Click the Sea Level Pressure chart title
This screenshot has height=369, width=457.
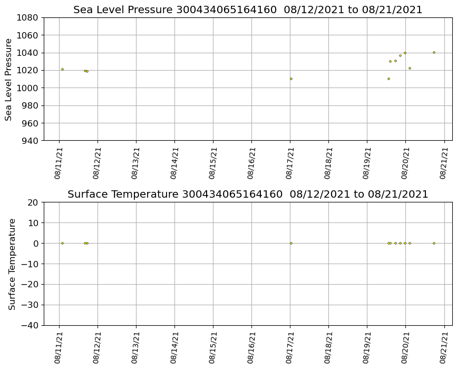(x=248, y=10)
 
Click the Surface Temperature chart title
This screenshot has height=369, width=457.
(x=248, y=195)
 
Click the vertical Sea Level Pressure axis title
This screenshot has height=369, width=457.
(x=9, y=79)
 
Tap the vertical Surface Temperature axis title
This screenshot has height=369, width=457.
(x=12, y=264)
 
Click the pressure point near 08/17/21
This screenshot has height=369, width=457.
(x=291, y=79)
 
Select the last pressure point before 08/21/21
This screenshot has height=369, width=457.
(x=434, y=52)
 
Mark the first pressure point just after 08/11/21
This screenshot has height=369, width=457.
(x=62, y=69)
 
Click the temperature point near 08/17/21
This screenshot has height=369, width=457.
(x=291, y=243)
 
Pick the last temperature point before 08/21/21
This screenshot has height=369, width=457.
(x=434, y=243)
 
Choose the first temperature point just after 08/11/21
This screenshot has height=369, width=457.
(x=62, y=243)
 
